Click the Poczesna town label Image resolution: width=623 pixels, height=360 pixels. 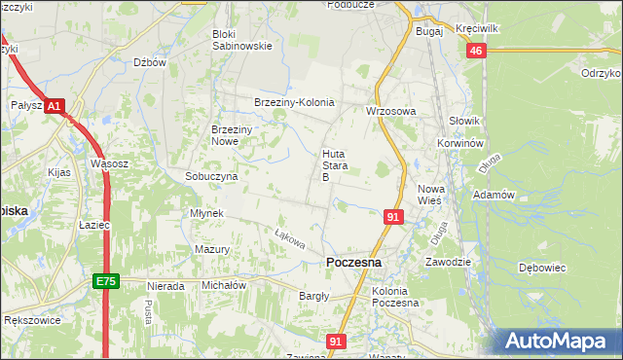[x=354, y=263]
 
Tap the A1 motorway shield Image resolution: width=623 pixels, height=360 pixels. [x=55, y=105]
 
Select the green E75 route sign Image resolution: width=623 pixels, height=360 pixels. [x=106, y=281]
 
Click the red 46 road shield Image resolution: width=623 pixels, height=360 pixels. [x=475, y=52]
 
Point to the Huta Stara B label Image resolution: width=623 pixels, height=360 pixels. [x=334, y=165]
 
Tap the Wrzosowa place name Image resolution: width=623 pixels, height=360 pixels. [x=390, y=111]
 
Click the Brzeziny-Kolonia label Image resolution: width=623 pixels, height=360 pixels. [x=293, y=102]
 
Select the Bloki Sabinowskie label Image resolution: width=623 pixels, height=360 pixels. [x=242, y=39]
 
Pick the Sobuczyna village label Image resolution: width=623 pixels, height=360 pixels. [x=211, y=177]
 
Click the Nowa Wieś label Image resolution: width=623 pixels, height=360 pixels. [x=430, y=194]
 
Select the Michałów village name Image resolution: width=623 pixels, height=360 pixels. [x=223, y=285]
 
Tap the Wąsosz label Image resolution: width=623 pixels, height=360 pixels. [x=109, y=163]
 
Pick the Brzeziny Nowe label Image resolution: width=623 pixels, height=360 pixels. [x=233, y=135]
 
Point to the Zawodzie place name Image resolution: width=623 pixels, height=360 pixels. [x=449, y=262]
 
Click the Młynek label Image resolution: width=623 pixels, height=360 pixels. [x=208, y=213]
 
